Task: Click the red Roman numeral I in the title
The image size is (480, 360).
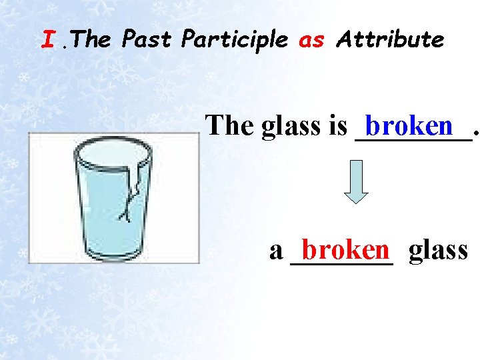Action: click(x=47, y=40)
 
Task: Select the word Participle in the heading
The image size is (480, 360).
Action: click(x=235, y=40)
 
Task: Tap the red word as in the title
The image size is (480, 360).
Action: click(x=311, y=40)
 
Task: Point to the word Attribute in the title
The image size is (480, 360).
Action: click(x=390, y=40)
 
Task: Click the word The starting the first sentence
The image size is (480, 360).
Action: click(x=231, y=125)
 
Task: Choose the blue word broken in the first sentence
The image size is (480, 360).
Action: click(x=409, y=125)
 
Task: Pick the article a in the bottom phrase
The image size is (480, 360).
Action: click(x=276, y=251)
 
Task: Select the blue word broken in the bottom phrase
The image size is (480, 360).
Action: click(x=345, y=250)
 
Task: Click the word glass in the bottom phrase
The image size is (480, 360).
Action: click(x=438, y=250)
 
